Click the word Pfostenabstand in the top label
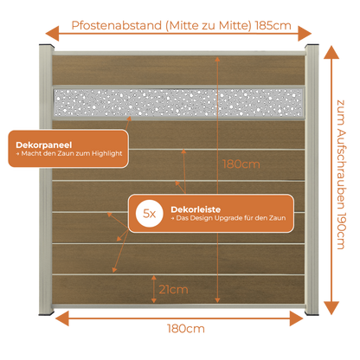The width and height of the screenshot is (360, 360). point(117,26)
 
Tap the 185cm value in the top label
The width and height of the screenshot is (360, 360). point(273,25)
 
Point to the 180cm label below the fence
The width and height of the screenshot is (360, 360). point(186,329)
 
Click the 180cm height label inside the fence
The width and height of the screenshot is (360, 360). point(241,164)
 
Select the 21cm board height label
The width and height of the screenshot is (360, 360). point(173,289)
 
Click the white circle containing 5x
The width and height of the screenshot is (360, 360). point(149,214)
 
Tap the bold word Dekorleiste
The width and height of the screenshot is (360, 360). point(196,209)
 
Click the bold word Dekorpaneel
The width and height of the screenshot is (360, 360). point(44,145)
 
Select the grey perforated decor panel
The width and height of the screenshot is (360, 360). point(178,103)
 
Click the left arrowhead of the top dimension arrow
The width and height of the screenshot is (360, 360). point(52,34)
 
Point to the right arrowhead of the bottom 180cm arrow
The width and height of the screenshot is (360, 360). point(296,318)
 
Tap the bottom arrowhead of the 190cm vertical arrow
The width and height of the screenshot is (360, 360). point(331,308)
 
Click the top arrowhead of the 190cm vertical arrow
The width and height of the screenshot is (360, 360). point(331,52)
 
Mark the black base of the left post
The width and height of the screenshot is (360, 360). point(46,313)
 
